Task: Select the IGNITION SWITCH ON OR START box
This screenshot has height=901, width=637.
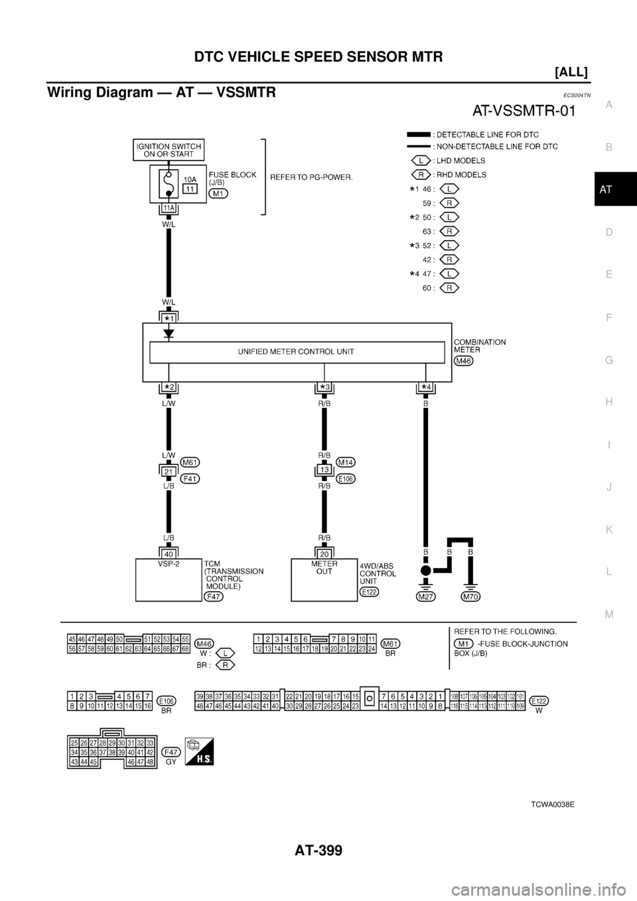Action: pyautogui.click(x=168, y=150)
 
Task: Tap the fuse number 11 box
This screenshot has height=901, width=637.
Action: pyautogui.click(x=190, y=189)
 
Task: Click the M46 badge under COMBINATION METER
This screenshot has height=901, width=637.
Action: pyautogui.click(x=464, y=361)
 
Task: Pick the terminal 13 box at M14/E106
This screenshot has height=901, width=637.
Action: pyautogui.click(x=324, y=470)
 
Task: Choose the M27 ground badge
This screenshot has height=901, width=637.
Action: pyautogui.click(x=425, y=596)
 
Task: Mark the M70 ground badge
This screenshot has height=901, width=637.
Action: pyautogui.click(x=470, y=596)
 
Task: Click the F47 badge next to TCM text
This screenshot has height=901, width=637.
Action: pyautogui.click(x=214, y=596)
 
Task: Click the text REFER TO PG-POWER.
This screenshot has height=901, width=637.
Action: pyautogui.click(x=311, y=177)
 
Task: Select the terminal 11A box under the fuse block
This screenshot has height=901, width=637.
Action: pyautogui.click(x=169, y=208)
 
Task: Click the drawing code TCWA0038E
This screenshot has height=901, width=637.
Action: pyautogui.click(x=551, y=803)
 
